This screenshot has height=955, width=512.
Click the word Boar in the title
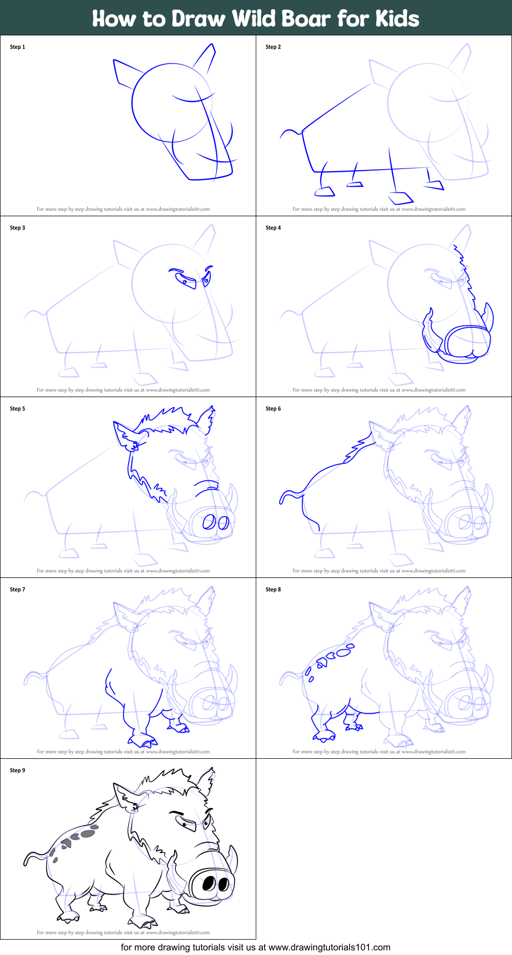coord(306,18)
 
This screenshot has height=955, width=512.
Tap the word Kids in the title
coord(397,18)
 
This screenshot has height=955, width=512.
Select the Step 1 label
coord(17,47)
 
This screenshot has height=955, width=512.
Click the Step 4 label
coord(273,228)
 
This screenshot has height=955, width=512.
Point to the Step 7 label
coord(17,590)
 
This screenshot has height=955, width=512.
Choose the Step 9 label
coord(17,771)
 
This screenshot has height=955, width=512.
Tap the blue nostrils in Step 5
coord(215,523)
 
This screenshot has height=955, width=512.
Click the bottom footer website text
coord(255,947)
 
